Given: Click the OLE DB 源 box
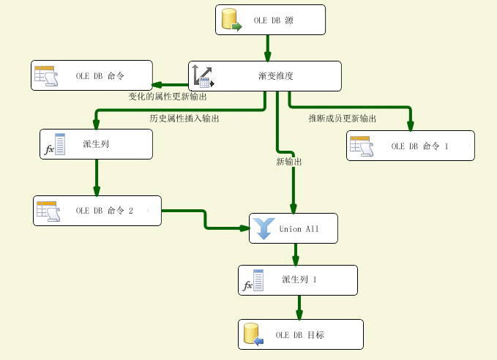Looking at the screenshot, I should point(271,20).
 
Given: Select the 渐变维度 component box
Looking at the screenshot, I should point(265,76).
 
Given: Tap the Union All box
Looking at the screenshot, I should point(294,228).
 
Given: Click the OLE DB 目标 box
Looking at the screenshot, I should point(300,334).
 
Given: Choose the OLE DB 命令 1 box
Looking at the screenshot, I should point(410,146).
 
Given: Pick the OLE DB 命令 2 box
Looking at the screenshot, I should point(97,211).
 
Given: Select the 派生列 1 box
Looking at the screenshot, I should point(298,280).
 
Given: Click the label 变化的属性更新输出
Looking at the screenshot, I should point(168,96).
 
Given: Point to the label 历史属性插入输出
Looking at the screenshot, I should point(184,118).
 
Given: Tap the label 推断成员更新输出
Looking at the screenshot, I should point(343,118).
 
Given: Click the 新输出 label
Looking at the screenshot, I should point(289,162).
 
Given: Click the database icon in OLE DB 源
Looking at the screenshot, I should point(230,20).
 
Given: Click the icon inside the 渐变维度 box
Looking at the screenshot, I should point(202,76).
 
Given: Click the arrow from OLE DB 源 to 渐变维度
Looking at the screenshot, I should point(268,48).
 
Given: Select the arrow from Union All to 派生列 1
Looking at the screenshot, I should point(296,254).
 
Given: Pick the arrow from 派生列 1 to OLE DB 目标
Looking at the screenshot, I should point(299,307).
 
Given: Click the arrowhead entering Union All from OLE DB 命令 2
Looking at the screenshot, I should point(244,228).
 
